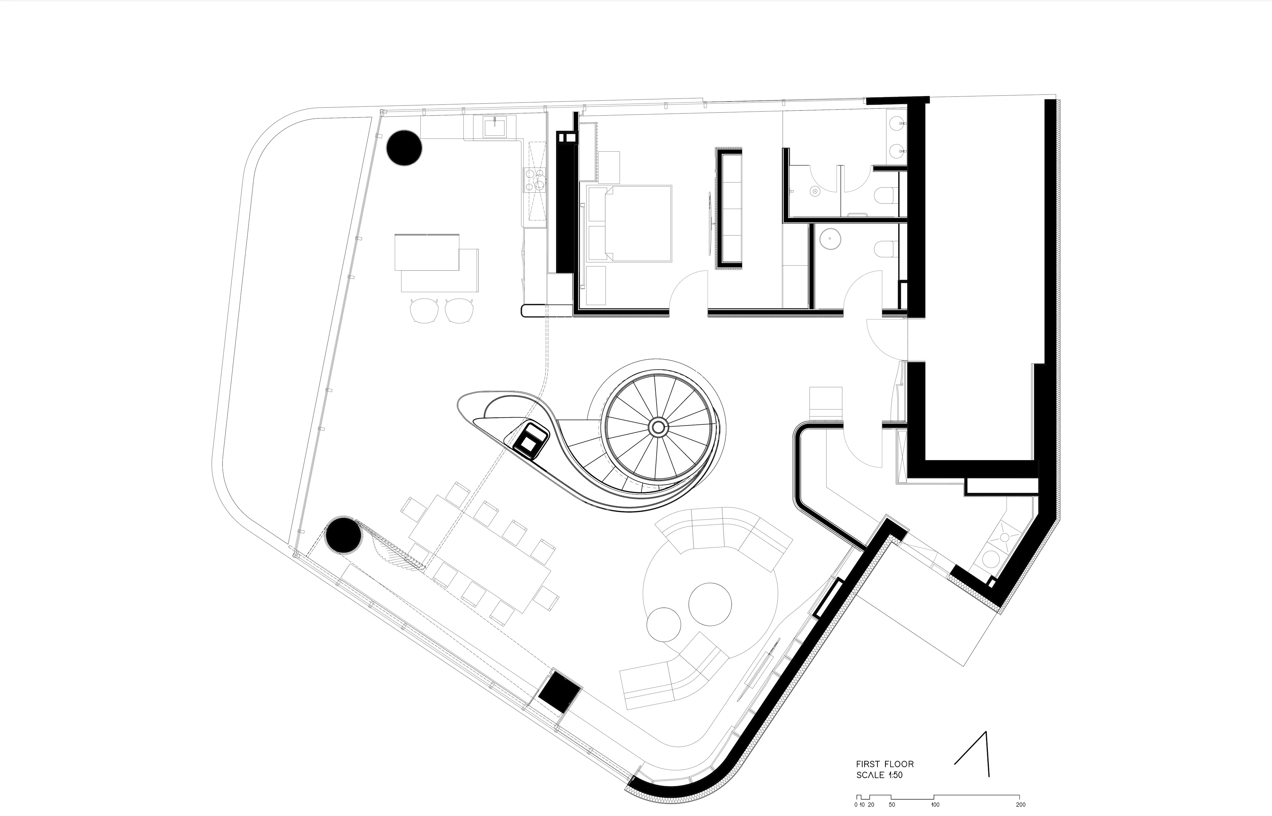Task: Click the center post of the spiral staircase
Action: click(x=658, y=426)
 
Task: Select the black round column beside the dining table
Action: click(x=343, y=535)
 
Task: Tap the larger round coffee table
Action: click(x=710, y=604)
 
